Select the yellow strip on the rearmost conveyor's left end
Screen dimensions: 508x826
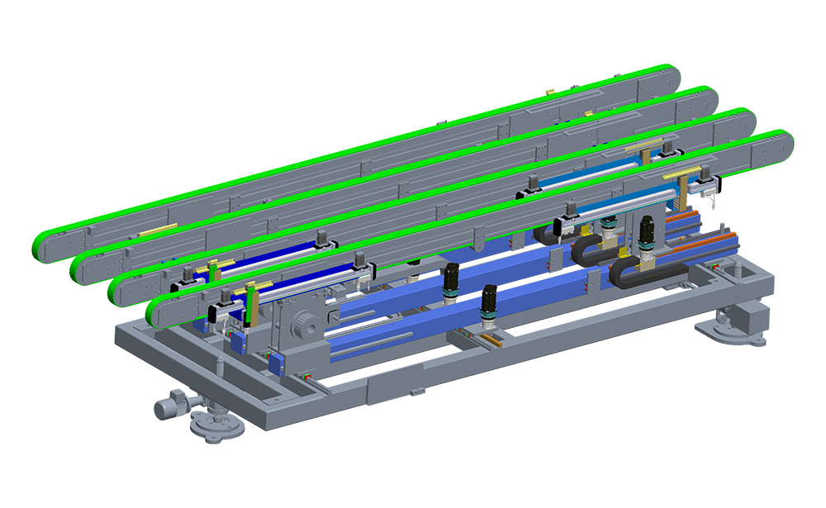(154, 230)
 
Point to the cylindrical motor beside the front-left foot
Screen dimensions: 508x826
(169, 408)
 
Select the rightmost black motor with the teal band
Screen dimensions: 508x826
(646, 233)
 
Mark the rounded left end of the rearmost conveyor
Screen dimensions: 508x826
(52, 246)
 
